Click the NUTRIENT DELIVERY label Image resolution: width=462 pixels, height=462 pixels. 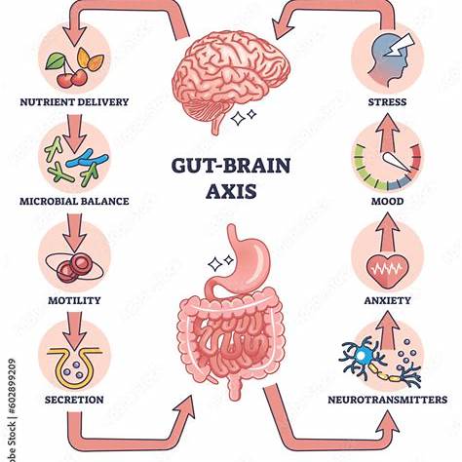point(74,102)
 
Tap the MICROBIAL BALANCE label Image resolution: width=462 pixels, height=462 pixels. point(74,201)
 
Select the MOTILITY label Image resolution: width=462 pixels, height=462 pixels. point(74,300)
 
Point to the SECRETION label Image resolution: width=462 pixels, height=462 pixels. point(74,400)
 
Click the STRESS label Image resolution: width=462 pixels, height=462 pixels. point(387,102)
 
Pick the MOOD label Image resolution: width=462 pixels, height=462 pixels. point(387,201)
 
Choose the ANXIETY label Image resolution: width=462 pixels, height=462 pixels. point(387,300)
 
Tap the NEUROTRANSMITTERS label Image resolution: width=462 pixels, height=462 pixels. point(387,400)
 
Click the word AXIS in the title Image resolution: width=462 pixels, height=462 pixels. point(231,191)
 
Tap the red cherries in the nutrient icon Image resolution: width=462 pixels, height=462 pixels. point(72,78)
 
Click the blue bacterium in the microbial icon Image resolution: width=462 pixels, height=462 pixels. point(87,159)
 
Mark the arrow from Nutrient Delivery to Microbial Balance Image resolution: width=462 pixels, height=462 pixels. point(74,133)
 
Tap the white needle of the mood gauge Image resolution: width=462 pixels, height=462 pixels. point(397,162)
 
